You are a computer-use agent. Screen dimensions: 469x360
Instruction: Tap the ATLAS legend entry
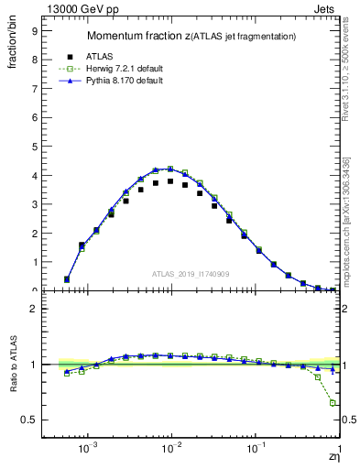[x=87, y=55]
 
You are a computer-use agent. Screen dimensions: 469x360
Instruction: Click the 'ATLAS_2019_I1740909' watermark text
[x=190, y=274]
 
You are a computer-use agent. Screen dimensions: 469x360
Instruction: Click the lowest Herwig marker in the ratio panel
[x=333, y=403]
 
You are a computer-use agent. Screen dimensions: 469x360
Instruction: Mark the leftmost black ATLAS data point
[x=67, y=279]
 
